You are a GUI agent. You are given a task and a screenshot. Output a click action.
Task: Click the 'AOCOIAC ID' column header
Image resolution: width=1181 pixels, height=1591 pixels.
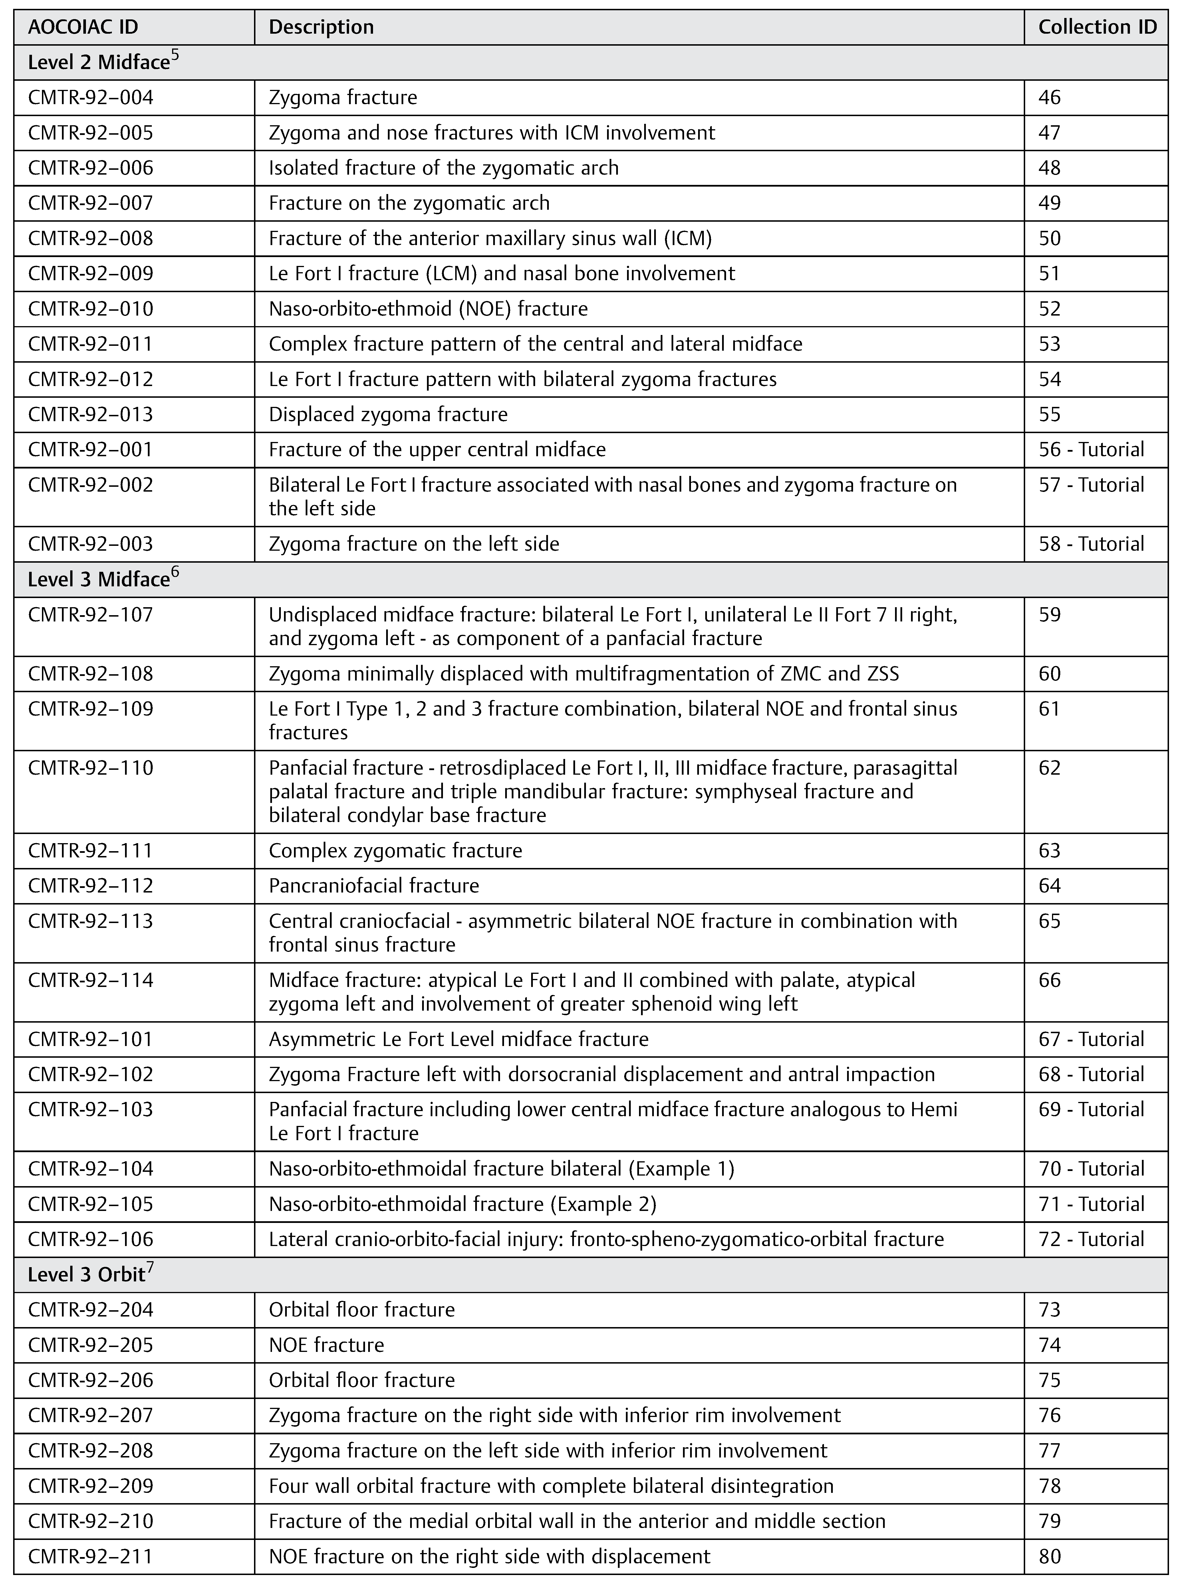pyautogui.click(x=83, y=27)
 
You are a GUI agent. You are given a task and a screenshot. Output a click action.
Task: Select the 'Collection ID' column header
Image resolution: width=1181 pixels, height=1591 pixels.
pyautogui.click(x=1097, y=27)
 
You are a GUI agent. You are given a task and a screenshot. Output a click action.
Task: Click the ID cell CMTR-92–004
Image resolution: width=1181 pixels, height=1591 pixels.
pyautogui.click(x=91, y=97)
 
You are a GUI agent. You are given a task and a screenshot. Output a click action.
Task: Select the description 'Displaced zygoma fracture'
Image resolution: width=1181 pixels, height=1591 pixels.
pyautogui.click(x=388, y=415)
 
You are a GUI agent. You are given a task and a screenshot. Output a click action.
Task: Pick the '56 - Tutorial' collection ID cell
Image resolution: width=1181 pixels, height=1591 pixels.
pyautogui.click(x=1091, y=450)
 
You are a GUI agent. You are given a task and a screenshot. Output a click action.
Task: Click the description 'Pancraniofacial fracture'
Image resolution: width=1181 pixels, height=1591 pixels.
pyautogui.click(x=374, y=886)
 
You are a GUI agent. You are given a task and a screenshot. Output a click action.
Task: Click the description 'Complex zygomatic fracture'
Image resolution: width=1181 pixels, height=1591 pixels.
pyautogui.click(x=395, y=851)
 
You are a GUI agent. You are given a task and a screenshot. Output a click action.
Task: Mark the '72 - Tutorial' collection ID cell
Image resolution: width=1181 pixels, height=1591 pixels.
pyautogui.click(x=1091, y=1239)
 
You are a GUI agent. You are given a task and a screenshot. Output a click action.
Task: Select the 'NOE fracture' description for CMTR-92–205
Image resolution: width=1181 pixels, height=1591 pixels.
pyautogui.click(x=326, y=1345)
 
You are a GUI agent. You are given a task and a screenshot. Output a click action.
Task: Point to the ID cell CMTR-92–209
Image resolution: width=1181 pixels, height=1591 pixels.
pyautogui.click(x=91, y=1486)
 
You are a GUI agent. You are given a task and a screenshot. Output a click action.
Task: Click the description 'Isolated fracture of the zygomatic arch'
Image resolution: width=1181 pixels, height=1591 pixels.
pyautogui.click(x=443, y=168)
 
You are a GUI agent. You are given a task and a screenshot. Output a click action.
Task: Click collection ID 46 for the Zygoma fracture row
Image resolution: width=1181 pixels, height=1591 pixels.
pyautogui.click(x=1049, y=97)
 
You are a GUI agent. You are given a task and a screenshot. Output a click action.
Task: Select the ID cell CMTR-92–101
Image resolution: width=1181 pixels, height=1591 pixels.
pyautogui.click(x=91, y=1039)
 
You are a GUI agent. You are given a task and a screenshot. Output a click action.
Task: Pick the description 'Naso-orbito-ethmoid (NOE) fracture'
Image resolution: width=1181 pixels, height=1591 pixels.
pyautogui.click(x=428, y=309)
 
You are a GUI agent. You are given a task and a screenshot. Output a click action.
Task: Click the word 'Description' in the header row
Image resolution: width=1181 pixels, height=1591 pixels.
pyautogui.click(x=321, y=27)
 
